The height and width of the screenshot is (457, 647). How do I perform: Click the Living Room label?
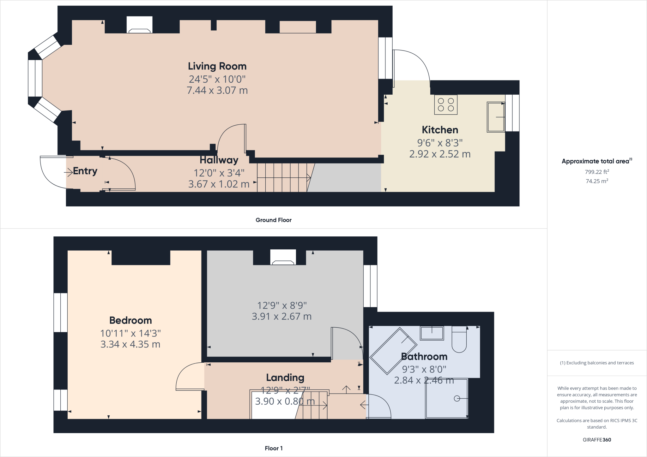217,66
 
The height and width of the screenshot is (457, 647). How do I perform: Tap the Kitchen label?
440,130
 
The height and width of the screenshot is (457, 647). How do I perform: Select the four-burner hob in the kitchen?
446,104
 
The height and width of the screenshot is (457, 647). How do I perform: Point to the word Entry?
85,171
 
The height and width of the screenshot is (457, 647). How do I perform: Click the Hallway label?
219,160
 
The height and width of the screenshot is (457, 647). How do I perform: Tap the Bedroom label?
130,320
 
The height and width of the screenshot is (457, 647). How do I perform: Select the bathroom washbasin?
432,333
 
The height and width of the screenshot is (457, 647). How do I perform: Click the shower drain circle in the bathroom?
457,399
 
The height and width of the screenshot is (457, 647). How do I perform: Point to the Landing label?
285,377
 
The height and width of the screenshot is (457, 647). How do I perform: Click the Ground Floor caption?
274,220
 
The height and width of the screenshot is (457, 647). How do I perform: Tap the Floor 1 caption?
274,448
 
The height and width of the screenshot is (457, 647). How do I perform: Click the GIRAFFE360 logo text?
597,440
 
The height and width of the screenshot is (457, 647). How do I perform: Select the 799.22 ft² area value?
597,172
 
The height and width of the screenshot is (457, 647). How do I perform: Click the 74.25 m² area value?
597,181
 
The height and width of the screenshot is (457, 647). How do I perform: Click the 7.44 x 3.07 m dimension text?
217,91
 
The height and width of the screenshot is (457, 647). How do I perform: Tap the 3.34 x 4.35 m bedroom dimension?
130,344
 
